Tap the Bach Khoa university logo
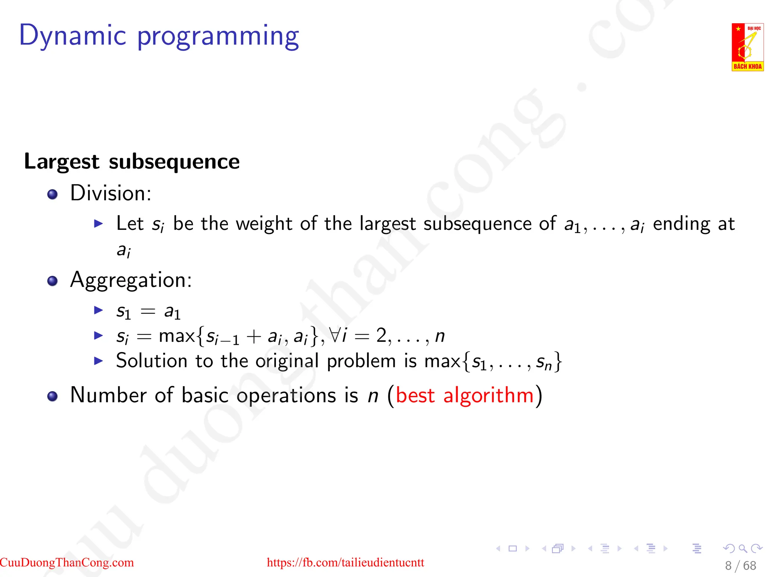[x=747, y=47]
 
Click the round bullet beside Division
[x=52, y=194]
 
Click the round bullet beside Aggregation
[x=52, y=281]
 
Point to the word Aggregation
[x=130, y=280]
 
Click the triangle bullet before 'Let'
[x=98, y=224]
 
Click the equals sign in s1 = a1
[x=147, y=311]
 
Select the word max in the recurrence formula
[x=176, y=336]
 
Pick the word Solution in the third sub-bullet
[x=152, y=361]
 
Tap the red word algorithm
[x=488, y=396]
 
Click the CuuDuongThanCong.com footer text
[x=67, y=562]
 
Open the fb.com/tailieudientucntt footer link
[x=345, y=562]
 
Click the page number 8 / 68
[x=740, y=565]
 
